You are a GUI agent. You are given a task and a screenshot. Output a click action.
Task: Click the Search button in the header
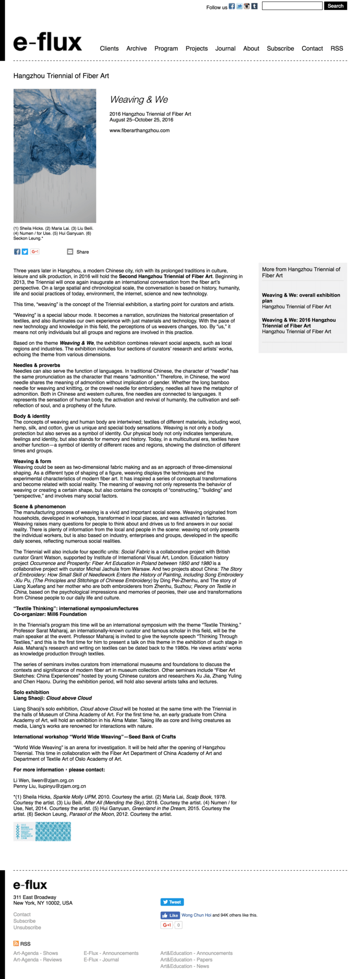(x=336, y=6)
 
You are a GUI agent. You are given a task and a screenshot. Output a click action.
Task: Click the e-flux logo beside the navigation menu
(x=48, y=43)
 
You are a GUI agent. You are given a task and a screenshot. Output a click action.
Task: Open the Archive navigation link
(x=136, y=48)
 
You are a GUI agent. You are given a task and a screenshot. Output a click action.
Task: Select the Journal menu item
(x=225, y=48)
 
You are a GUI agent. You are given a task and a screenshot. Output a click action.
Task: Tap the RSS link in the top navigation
(x=336, y=48)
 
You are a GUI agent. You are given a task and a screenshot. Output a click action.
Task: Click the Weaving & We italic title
(x=139, y=99)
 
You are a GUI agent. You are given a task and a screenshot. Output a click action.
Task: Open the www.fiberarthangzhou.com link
(x=139, y=130)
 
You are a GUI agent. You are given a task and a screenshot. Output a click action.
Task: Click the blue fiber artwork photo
(x=55, y=156)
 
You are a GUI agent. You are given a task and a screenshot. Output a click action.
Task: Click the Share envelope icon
(x=70, y=251)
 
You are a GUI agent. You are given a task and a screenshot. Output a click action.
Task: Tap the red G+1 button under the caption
(x=35, y=251)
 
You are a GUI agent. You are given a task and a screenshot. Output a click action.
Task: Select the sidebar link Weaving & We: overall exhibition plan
(x=301, y=298)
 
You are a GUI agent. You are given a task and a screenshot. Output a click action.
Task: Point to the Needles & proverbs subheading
(x=37, y=365)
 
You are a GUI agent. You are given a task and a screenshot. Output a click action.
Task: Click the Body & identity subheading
(x=32, y=416)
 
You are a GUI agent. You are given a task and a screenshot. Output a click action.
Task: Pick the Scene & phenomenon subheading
(x=39, y=506)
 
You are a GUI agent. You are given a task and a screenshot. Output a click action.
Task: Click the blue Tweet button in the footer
(x=172, y=902)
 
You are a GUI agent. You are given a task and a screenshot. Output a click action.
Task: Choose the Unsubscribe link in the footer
(x=27, y=927)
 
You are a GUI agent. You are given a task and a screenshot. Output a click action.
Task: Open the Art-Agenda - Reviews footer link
(x=37, y=959)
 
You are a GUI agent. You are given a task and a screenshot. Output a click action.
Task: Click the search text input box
(x=292, y=6)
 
